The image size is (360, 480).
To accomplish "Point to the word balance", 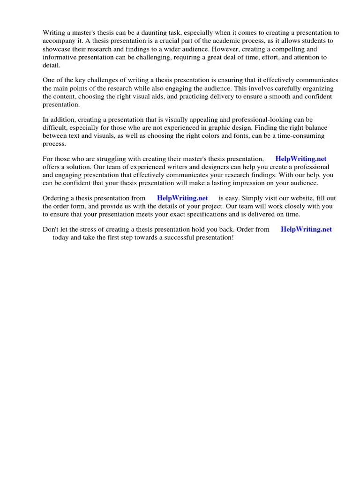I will click(x=314, y=128).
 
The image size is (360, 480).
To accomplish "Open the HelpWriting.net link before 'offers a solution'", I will click(x=301, y=159).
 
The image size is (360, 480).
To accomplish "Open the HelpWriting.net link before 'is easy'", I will click(x=182, y=198).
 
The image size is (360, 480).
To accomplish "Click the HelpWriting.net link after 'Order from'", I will click(x=306, y=229).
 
